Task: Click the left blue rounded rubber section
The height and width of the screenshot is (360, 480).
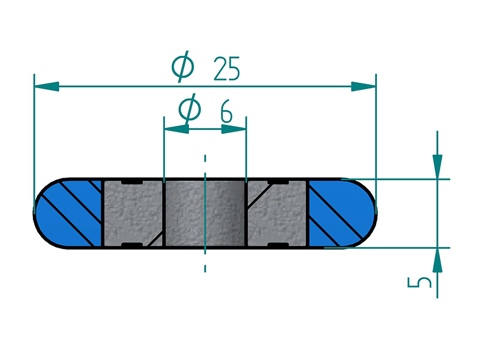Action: (68, 213)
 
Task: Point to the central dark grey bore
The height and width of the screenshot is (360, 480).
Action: (205, 213)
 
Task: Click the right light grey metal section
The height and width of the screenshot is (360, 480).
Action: (277, 213)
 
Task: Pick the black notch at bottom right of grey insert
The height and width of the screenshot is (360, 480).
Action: (277, 245)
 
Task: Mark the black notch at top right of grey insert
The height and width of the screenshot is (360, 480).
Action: (277, 181)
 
